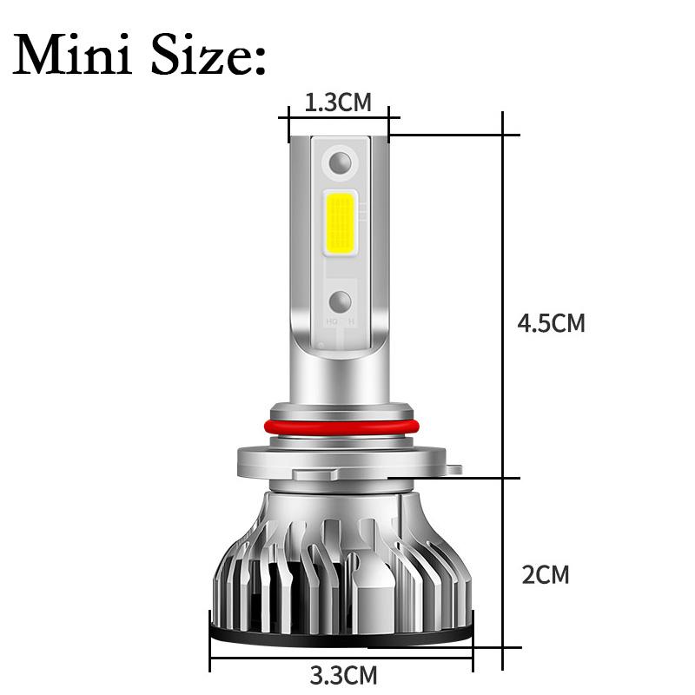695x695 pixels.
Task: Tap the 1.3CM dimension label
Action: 338,103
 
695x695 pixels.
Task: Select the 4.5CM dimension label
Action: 551,323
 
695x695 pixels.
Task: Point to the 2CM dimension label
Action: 546,574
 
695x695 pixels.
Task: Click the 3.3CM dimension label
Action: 344,674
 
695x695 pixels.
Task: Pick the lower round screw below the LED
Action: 340,301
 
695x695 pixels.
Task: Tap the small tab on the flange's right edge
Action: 453,469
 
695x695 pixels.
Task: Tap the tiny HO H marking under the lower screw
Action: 341,322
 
